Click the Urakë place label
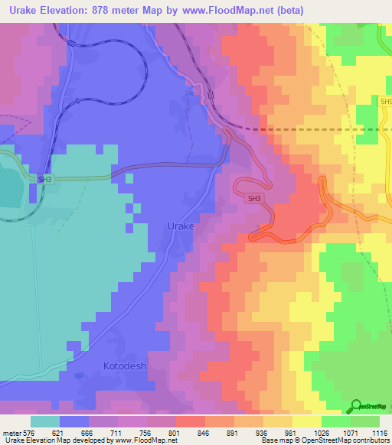point(181,226)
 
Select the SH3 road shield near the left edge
point(46,179)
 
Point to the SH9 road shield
point(385,101)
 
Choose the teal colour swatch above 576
point(45,421)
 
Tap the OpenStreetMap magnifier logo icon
point(355,406)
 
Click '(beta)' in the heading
point(291,11)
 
